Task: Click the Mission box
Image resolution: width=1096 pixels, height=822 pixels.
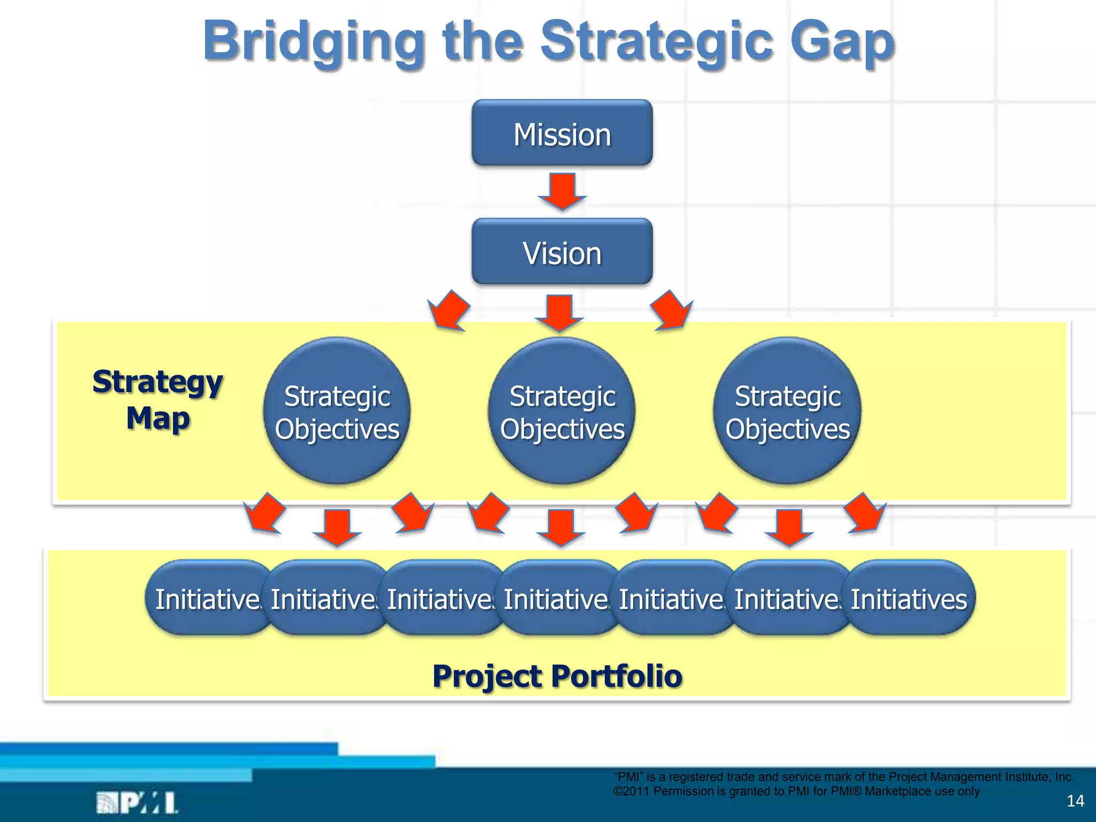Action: click(562, 133)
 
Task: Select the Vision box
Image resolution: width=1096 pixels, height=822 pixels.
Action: click(562, 252)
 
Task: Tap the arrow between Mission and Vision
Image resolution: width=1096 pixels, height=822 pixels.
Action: click(562, 191)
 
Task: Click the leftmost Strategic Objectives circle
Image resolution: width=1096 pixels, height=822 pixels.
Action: click(337, 411)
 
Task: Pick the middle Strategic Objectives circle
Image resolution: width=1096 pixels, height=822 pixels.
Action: click(562, 411)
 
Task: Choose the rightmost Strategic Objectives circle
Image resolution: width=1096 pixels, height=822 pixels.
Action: click(787, 411)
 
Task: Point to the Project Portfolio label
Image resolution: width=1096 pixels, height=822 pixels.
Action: click(557, 675)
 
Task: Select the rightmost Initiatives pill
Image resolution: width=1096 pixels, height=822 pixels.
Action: click(910, 598)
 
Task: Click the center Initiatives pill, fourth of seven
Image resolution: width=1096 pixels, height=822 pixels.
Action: click(557, 598)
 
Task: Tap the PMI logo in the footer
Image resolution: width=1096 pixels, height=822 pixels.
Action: click(137, 803)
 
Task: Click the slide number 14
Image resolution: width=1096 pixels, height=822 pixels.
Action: click(1075, 801)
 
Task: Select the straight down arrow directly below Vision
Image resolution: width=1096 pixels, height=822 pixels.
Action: click(559, 313)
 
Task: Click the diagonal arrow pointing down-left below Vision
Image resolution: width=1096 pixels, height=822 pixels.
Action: click(450, 311)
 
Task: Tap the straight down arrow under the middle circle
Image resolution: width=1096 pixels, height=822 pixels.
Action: click(561, 528)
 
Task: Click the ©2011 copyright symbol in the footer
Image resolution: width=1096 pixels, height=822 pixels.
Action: click(618, 791)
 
